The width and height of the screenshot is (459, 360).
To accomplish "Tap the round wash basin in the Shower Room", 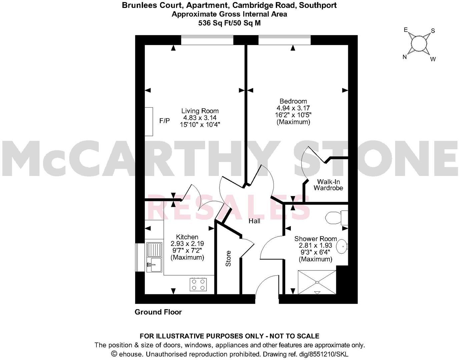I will (342, 247).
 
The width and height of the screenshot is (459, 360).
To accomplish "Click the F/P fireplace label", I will (164, 121).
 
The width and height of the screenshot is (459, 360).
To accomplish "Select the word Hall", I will (254, 221).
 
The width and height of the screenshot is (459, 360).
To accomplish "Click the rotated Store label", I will (228, 258).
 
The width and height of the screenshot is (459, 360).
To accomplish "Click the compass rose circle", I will (419, 43).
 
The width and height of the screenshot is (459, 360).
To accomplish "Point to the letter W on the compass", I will (433, 59).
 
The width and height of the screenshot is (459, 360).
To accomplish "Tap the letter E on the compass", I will (406, 30).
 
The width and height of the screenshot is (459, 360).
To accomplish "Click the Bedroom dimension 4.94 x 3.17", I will (293, 108).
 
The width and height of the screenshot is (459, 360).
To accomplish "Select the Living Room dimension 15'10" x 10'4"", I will (200, 125).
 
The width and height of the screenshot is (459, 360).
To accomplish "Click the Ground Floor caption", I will (158, 312).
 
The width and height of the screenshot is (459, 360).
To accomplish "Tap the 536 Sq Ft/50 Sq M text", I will (229, 23).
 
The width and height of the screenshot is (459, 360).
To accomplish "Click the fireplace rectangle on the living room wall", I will (149, 121).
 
